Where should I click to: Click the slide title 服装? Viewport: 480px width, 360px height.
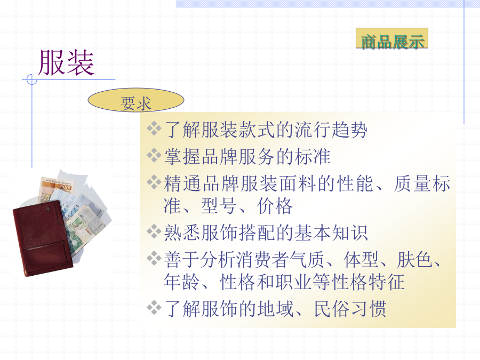(x=66, y=63)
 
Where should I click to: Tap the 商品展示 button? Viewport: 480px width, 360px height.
(x=392, y=38)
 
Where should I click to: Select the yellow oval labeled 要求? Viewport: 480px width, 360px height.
(x=136, y=100)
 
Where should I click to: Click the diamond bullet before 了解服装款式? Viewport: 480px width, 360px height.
(x=154, y=129)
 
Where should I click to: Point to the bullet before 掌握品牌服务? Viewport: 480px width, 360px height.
(x=154, y=155)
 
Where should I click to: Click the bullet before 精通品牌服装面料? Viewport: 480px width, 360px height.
(x=154, y=182)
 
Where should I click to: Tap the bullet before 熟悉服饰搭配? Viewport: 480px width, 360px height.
(x=154, y=231)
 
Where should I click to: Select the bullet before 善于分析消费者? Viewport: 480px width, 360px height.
(x=154, y=258)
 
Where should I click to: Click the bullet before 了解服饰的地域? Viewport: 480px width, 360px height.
(x=154, y=307)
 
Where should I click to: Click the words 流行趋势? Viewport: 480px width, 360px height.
(x=331, y=130)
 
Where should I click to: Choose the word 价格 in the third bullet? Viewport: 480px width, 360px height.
(x=275, y=206)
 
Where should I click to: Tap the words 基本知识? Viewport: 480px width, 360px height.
(x=331, y=233)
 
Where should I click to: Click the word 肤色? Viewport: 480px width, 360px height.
(x=415, y=260)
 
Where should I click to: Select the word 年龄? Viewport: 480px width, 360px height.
(x=182, y=282)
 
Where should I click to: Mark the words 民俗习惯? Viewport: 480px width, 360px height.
(x=350, y=309)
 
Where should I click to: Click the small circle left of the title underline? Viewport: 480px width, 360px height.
(x=32, y=79)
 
